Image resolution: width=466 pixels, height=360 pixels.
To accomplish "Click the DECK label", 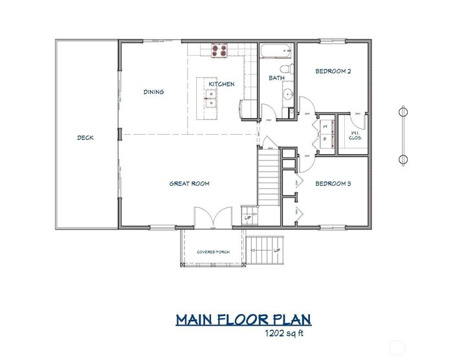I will (x=85, y=137).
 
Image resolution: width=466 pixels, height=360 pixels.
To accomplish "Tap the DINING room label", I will (x=153, y=92).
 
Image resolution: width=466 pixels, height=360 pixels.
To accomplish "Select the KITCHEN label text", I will (x=221, y=85).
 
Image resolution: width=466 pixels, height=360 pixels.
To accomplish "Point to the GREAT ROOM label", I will (x=189, y=183).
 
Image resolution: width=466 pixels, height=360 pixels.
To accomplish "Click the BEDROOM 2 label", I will (x=333, y=72).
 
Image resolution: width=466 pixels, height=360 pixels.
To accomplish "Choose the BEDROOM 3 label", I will (x=333, y=184).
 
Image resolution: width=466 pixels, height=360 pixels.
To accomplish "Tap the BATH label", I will (x=277, y=78).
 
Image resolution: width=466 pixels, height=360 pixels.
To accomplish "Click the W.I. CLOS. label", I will (x=355, y=135).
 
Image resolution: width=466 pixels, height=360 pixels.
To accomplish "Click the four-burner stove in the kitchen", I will (x=219, y=51).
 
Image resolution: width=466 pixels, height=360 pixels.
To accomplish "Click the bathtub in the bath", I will (x=276, y=51).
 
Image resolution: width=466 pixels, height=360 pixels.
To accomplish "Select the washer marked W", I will (x=324, y=126).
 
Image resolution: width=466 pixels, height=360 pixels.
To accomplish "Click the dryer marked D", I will (x=324, y=139).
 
